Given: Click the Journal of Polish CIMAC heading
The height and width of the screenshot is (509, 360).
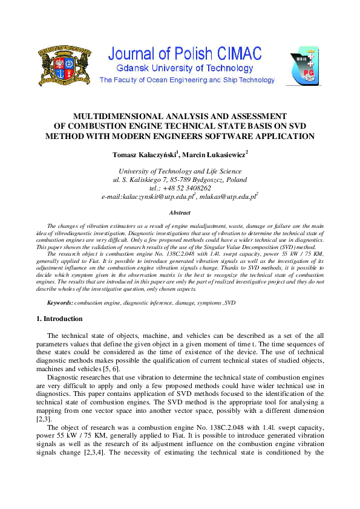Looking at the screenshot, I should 185,54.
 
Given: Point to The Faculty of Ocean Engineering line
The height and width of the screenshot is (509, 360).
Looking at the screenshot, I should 178,80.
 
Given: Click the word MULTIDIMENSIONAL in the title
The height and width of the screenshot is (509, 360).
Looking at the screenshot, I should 110,116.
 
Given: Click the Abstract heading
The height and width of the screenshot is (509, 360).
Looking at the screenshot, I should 179,213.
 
